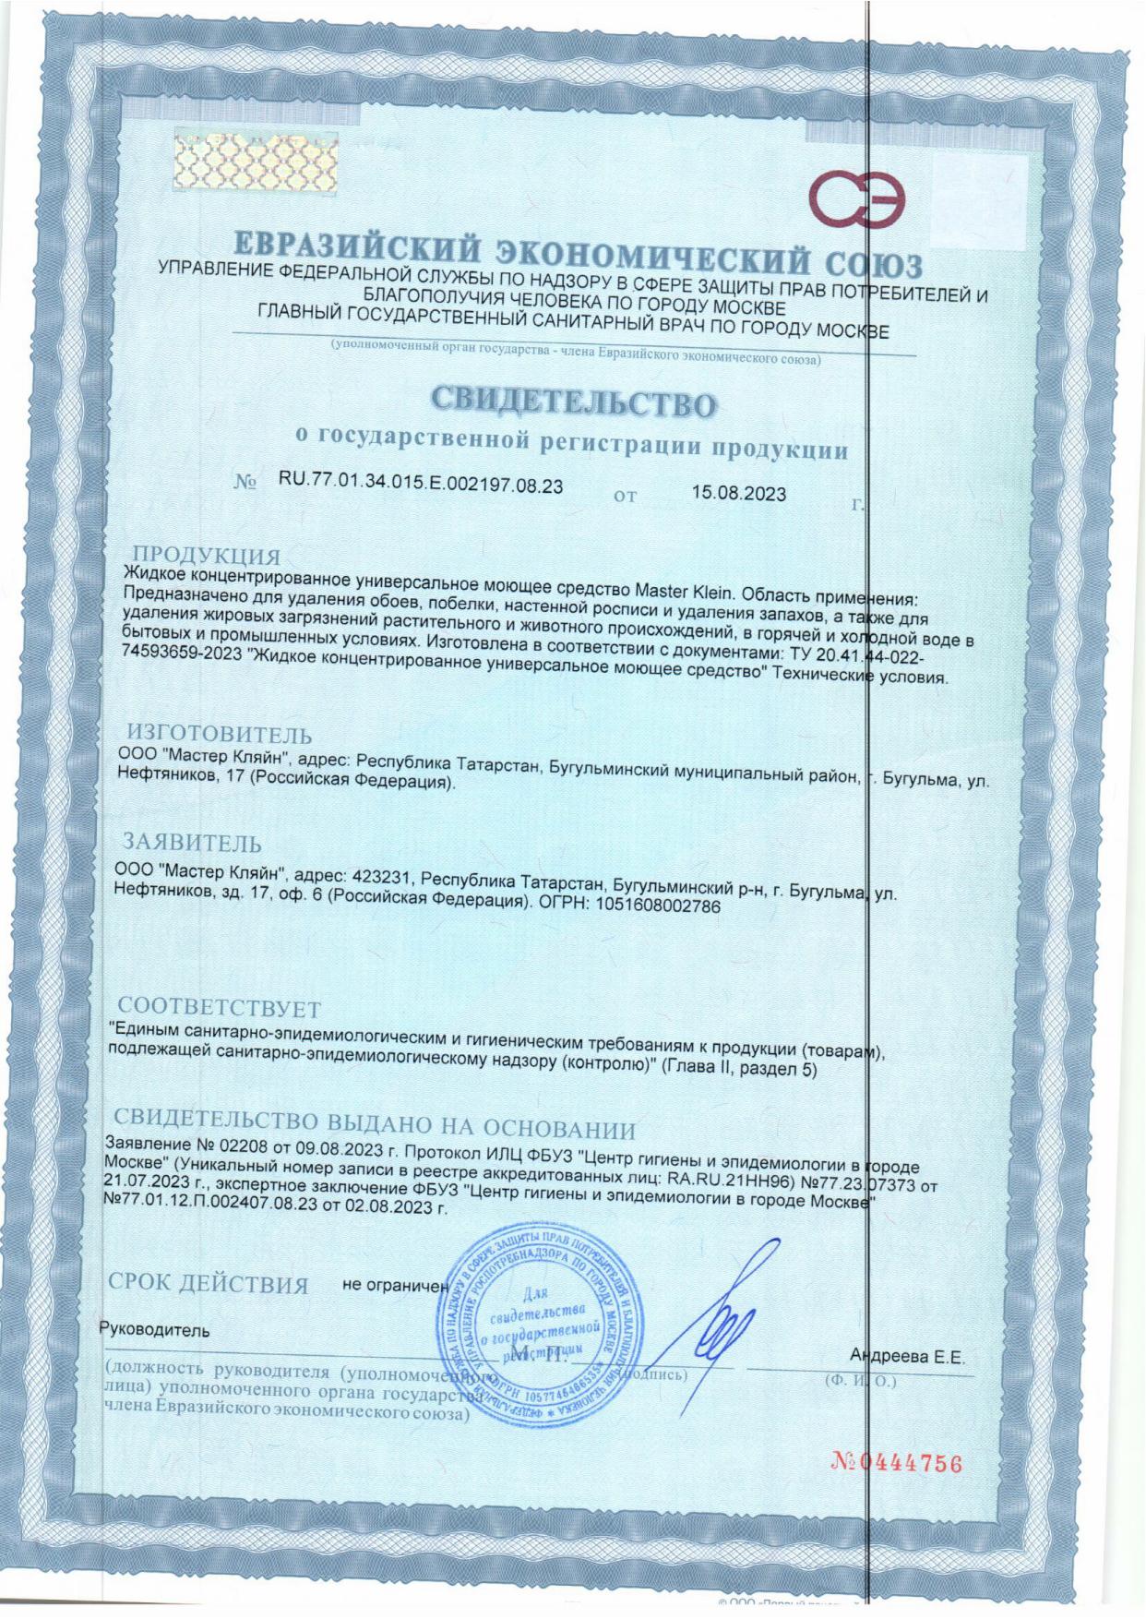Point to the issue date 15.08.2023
[x=739, y=494]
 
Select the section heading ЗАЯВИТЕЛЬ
[x=193, y=843]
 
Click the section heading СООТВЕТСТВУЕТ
[x=220, y=1006]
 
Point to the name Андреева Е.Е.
[x=907, y=1357]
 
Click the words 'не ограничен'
[x=395, y=1284]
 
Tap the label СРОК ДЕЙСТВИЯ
[x=209, y=1284]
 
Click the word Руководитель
[x=154, y=1330]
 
